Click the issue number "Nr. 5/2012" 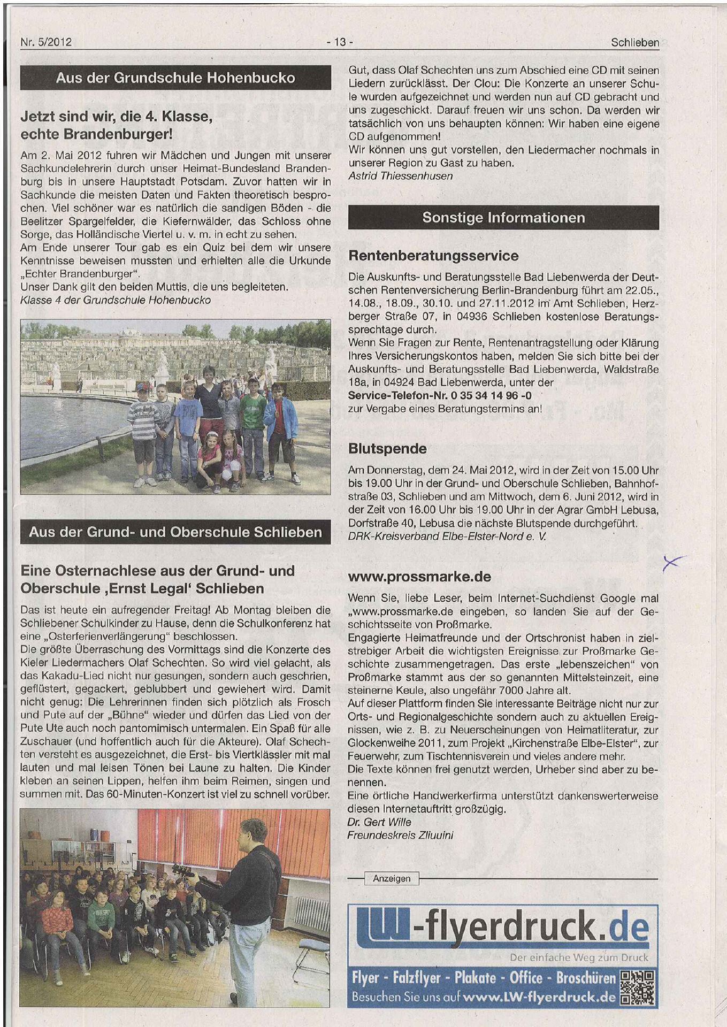click(45, 42)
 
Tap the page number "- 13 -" click(339, 42)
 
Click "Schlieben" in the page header click(634, 42)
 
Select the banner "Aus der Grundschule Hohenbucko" click(175, 78)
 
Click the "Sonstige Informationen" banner click(503, 218)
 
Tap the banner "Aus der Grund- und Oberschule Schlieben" click(175, 532)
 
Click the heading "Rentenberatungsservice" click(433, 256)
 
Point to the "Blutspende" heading click(387, 448)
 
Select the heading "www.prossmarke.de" click(419, 577)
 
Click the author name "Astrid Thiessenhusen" click(400, 176)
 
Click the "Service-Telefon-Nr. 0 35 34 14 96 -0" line click(439, 396)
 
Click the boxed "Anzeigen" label click(392, 878)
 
